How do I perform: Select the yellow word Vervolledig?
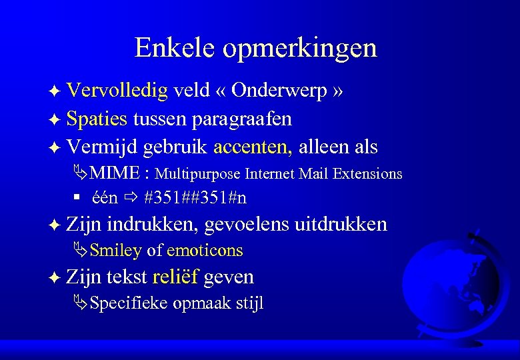(118, 91)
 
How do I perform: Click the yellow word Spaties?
(97, 119)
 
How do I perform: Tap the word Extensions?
(369, 174)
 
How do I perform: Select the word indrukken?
(152, 225)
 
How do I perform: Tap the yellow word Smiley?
(115, 251)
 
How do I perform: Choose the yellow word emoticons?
(205, 251)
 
